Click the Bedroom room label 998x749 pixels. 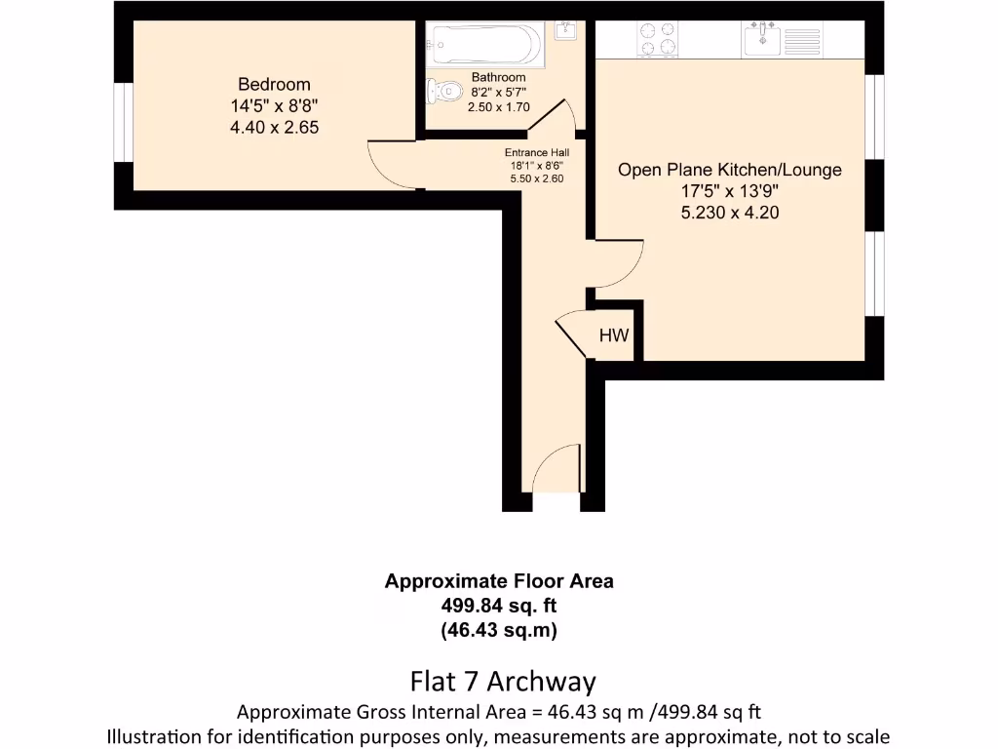(274, 84)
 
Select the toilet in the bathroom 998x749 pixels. (444, 92)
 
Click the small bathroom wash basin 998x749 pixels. (565, 31)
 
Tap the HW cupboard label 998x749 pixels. (614, 336)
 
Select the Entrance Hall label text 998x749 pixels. (537, 153)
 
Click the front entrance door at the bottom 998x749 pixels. (557, 470)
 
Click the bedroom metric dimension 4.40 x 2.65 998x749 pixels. (274, 127)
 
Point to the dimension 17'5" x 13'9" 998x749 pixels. (729, 191)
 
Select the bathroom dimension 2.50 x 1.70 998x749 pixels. (498, 107)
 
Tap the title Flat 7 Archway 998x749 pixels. (502, 680)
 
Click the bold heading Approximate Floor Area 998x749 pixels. (499, 581)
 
